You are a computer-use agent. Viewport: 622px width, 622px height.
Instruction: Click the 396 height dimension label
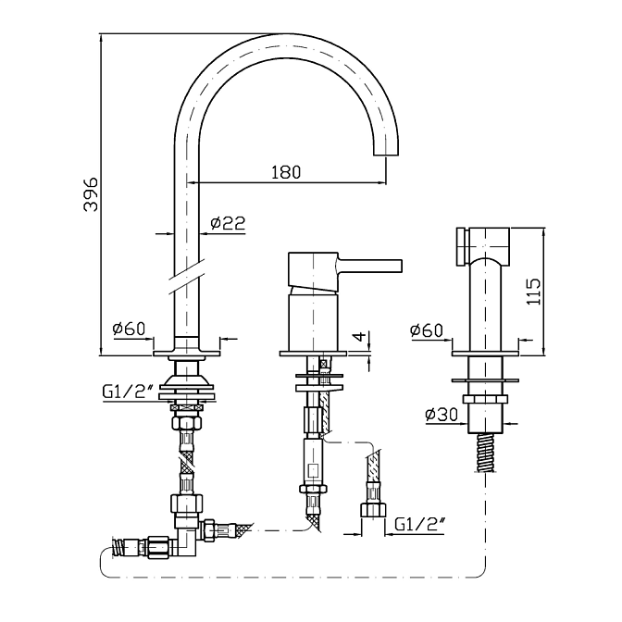[91, 194]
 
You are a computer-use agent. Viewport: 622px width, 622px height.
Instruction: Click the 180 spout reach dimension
[286, 172]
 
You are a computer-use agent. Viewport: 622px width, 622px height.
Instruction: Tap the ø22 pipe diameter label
[228, 223]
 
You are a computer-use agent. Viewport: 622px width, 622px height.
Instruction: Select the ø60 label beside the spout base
[130, 329]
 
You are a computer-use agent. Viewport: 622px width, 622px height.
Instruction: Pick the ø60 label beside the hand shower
[427, 330]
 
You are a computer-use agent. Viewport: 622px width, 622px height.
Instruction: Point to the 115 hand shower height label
[533, 292]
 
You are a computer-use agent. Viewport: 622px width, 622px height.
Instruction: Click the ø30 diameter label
[442, 415]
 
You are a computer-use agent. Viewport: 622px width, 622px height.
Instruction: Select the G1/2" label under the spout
[128, 392]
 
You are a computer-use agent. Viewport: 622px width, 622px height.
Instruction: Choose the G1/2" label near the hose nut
[419, 525]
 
